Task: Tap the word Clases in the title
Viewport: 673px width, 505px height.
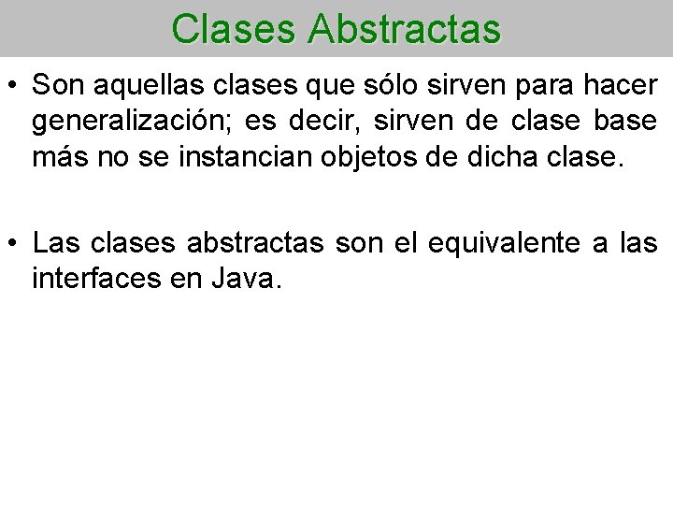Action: coord(233,29)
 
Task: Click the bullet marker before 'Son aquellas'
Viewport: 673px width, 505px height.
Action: coord(16,86)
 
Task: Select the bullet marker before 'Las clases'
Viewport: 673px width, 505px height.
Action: coord(16,245)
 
